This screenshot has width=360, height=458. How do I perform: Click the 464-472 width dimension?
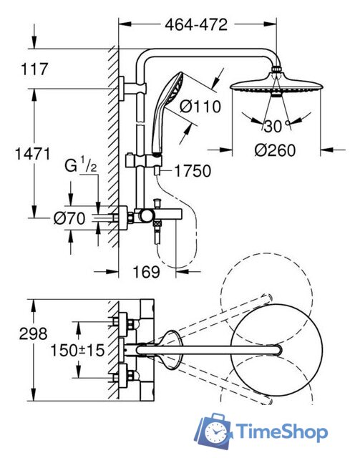[x=196, y=24]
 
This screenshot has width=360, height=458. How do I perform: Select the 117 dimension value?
[x=34, y=69]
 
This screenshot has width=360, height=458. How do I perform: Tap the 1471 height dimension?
[x=32, y=154]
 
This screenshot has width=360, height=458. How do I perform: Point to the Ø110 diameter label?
[x=200, y=107]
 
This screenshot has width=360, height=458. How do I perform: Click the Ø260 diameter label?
[x=275, y=150]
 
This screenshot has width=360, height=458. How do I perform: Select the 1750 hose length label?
[x=193, y=171]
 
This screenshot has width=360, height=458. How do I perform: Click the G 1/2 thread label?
[x=80, y=166]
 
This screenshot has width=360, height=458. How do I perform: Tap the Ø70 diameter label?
[x=69, y=218]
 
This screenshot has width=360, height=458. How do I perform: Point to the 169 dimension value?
[x=147, y=272]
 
